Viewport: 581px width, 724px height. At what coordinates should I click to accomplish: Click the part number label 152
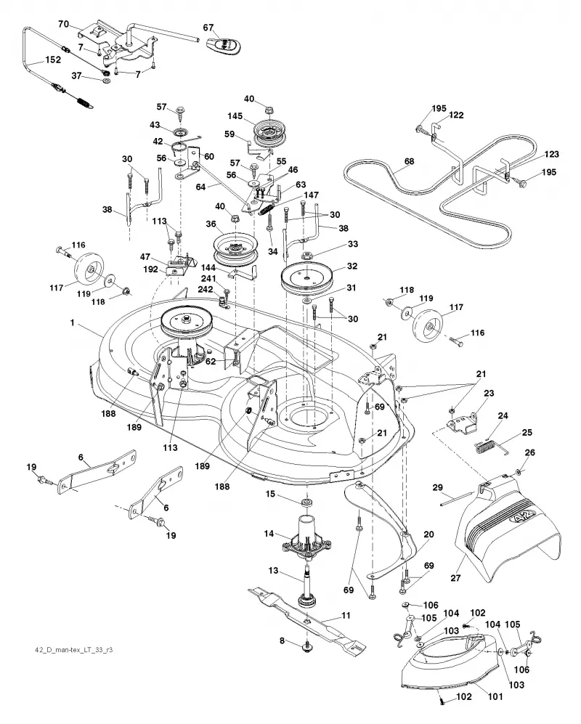click(52, 60)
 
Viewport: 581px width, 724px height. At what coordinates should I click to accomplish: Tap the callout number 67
click(208, 28)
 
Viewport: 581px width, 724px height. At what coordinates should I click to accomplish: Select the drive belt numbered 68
click(428, 193)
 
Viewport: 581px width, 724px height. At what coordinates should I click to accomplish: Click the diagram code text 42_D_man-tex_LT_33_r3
click(74, 650)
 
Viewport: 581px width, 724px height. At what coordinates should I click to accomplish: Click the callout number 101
click(495, 696)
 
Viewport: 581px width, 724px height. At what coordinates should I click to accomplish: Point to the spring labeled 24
click(485, 447)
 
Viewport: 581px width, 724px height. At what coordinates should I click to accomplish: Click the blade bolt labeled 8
click(305, 648)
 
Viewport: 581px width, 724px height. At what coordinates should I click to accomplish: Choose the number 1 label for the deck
click(72, 322)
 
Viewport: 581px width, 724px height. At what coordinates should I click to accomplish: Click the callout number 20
click(428, 534)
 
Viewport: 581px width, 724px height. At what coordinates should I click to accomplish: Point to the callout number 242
click(205, 290)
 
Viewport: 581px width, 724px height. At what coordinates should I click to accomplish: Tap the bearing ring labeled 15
click(305, 502)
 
